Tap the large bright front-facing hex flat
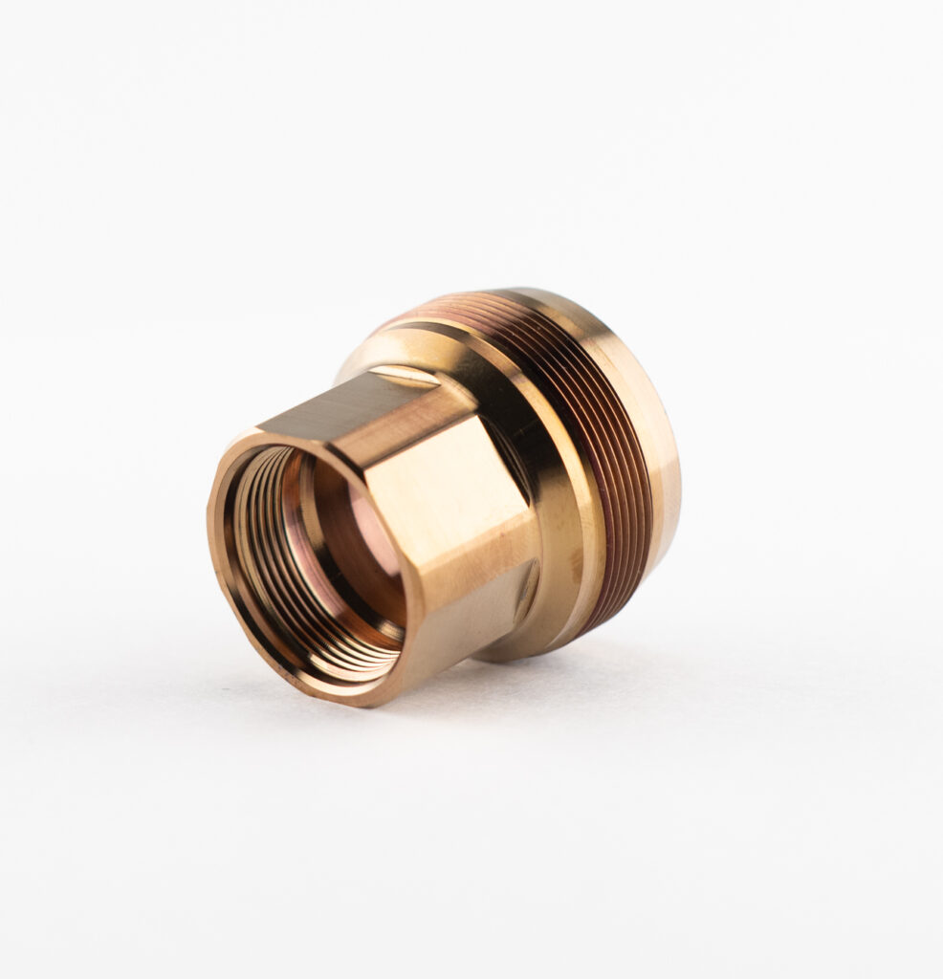(x=450, y=516)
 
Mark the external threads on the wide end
(x=612, y=459)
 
